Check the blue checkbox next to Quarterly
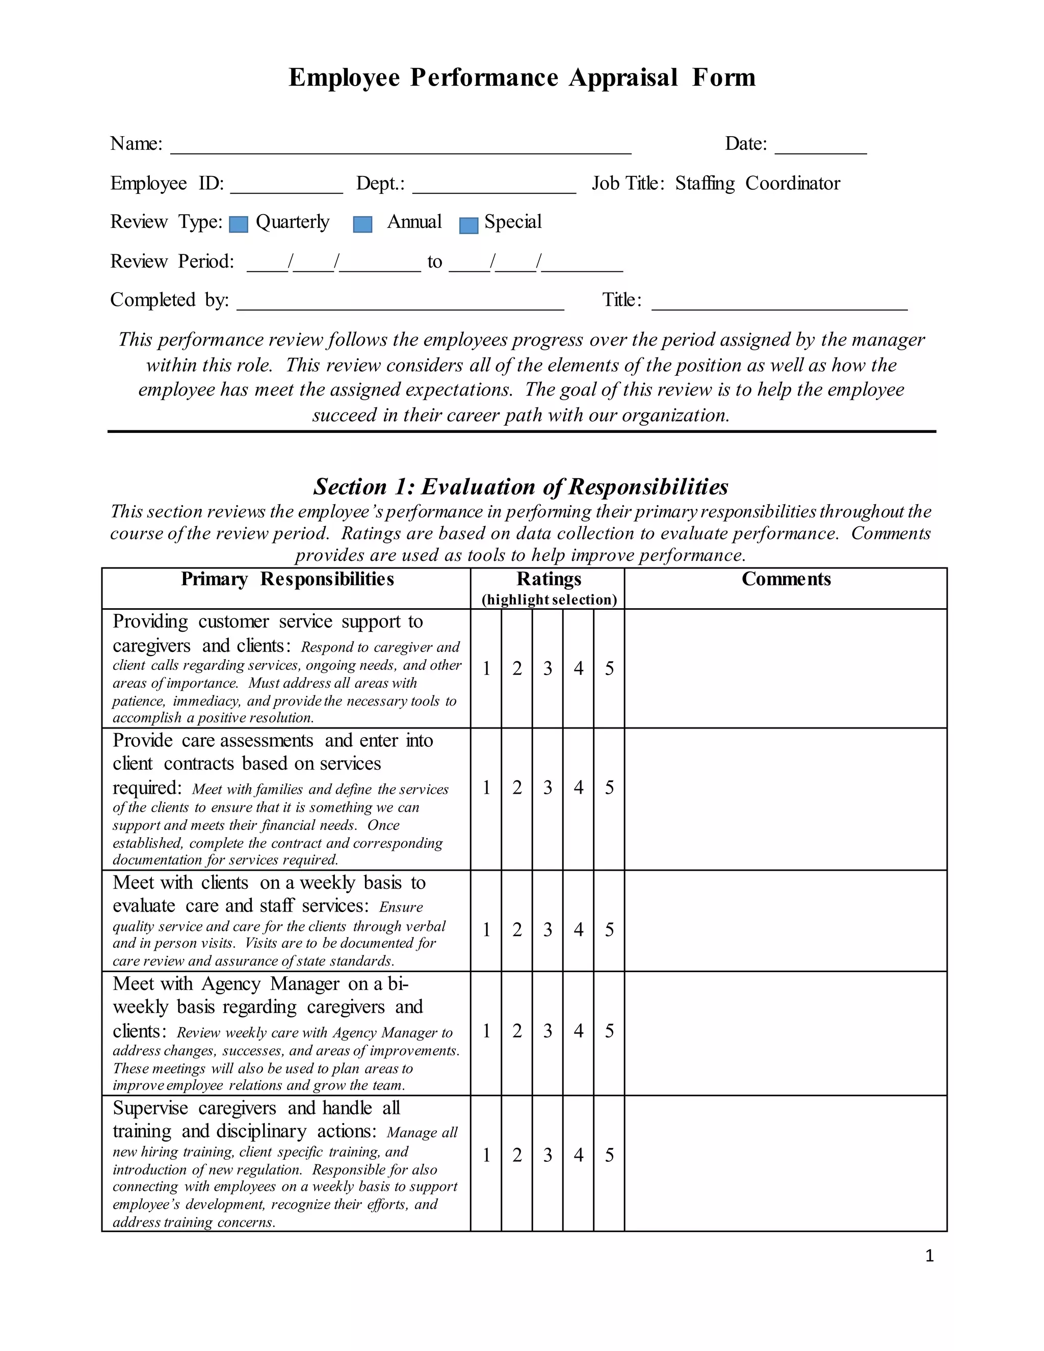[x=238, y=224]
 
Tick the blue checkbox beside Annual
[x=362, y=224]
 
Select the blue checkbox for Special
[x=469, y=226]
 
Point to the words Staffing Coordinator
[x=757, y=183]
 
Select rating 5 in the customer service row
[x=609, y=669]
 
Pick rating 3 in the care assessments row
[x=547, y=788]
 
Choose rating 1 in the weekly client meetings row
[x=486, y=930]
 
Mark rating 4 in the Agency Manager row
[x=578, y=1030]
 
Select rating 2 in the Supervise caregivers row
[x=517, y=1155]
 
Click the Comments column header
[x=786, y=579]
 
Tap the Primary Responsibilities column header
[x=287, y=579]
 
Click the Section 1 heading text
[x=521, y=487]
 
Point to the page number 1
[x=929, y=1256]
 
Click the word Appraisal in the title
[x=623, y=78]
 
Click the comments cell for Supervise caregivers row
[x=786, y=1163]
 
